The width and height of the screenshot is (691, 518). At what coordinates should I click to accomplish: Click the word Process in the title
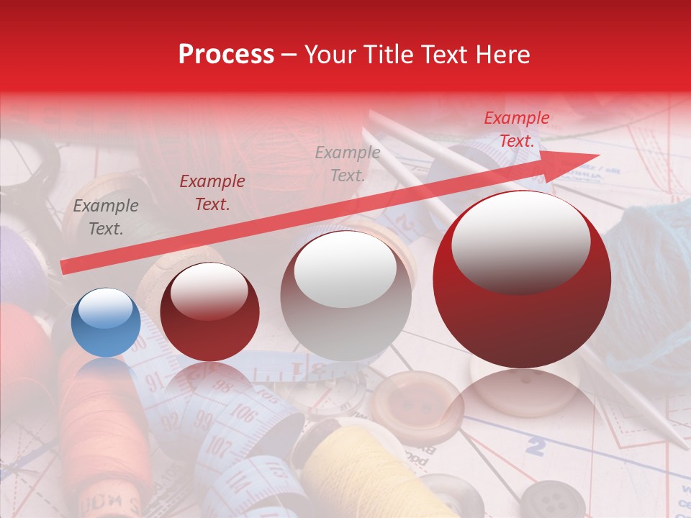pos(226,55)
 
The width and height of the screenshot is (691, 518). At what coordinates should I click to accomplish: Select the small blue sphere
pos(106,322)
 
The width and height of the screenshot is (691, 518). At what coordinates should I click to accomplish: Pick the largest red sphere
pos(522,279)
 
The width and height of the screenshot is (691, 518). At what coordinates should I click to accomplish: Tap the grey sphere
pos(346,296)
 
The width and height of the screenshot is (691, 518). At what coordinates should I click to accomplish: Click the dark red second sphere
pos(209,312)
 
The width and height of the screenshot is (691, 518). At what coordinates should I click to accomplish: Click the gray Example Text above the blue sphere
pos(106,217)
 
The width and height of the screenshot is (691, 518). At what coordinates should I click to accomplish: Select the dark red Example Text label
pos(212,193)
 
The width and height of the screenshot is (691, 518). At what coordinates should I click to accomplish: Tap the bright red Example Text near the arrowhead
pos(517,129)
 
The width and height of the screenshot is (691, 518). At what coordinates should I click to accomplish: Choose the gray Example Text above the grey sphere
pos(348,163)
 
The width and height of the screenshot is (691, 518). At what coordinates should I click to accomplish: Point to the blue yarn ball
pos(648,273)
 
